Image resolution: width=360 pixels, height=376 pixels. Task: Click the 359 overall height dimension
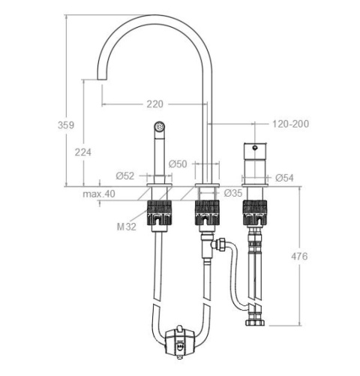pos(66,125)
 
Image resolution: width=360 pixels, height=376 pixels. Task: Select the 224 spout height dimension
pos(83,152)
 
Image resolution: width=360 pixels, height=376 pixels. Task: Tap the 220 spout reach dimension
pos(154,104)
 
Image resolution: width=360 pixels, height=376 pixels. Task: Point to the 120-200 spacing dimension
pos(290,124)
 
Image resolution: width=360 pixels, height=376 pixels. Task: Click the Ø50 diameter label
pos(178,164)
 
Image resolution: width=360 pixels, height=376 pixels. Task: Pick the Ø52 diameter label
pos(125,176)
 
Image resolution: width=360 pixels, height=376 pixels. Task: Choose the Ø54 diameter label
pos(284,178)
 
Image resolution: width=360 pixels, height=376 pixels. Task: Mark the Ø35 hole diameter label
pos(233,193)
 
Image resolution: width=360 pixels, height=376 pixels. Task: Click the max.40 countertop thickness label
pos(99,194)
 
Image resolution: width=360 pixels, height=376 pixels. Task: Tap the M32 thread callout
pos(127,227)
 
